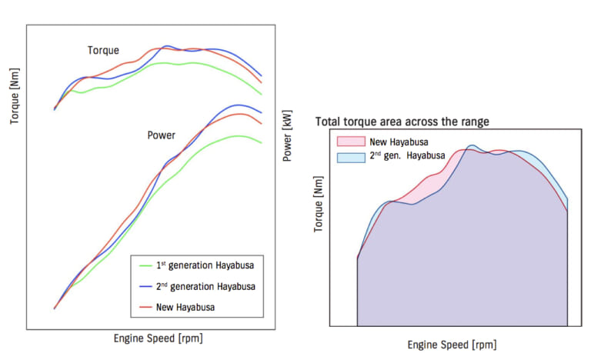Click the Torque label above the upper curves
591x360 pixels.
pyautogui.click(x=103, y=51)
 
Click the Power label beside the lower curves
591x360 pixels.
pyautogui.click(x=161, y=135)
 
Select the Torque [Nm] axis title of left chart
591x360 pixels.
pyautogui.click(x=15, y=96)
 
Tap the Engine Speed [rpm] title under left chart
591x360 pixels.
pyautogui.click(x=158, y=338)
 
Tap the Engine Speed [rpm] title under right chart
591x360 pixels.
pyautogui.click(x=452, y=345)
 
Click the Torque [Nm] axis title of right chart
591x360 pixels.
pyautogui.click(x=319, y=206)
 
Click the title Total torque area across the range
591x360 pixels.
pyautogui.click(x=402, y=122)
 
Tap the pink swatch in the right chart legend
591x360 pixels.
pyautogui.click(x=349, y=142)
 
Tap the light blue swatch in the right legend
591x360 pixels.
pyautogui.click(x=349, y=156)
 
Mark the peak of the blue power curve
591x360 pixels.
pyautogui.click(x=239, y=105)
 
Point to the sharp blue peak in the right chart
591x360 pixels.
pyautogui.click(x=472, y=145)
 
